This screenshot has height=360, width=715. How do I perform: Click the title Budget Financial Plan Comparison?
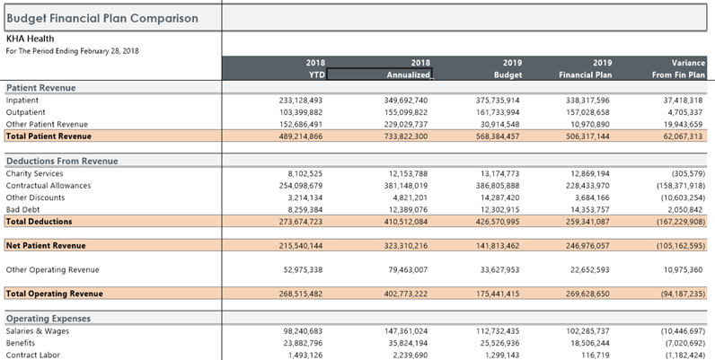point(102,18)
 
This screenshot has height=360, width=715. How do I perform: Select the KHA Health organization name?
point(31,39)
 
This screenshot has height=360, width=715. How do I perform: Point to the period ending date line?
point(72,51)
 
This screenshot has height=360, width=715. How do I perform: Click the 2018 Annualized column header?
point(408,69)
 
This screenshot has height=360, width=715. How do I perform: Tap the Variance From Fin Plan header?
point(678,69)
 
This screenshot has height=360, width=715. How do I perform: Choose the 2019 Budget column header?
point(508,69)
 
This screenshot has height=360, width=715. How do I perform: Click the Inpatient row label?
point(22,101)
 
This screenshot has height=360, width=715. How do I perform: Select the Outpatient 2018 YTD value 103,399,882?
point(301,112)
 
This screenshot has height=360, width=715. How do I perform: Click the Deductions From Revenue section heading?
point(62,161)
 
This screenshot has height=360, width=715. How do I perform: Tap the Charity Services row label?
point(35,173)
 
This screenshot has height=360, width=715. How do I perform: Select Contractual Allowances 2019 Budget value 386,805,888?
point(498,186)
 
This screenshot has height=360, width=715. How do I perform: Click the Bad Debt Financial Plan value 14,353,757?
point(587,209)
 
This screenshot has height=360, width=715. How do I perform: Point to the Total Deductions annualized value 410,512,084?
point(406,222)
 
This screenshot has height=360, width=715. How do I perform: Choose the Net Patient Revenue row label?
point(46,246)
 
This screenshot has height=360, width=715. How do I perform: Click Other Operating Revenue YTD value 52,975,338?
point(303,269)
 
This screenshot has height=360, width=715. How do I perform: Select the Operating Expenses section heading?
point(49,319)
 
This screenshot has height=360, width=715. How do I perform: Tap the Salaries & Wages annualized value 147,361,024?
point(406,331)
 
